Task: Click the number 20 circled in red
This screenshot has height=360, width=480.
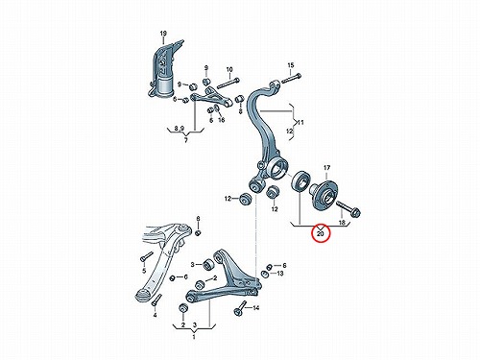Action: pyautogui.click(x=321, y=234)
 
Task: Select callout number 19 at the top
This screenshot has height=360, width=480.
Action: pyautogui.click(x=163, y=34)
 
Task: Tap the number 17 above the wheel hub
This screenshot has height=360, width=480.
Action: pyautogui.click(x=326, y=168)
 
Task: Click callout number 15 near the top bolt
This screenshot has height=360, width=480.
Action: pyautogui.click(x=290, y=65)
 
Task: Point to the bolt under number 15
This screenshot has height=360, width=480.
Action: pyautogui.click(x=291, y=78)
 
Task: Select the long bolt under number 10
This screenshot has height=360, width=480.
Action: pyautogui.click(x=228, y=83)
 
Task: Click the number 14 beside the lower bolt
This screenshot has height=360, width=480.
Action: pyautogui.click(x=256, y=308)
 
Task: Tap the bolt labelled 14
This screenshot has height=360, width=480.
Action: pyautogui.click(x=240, y=309)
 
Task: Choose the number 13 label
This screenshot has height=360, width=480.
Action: pyautogui.click(x=280, y=274)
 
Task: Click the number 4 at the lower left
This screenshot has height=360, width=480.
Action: pyautogui.click(x=155, y=316)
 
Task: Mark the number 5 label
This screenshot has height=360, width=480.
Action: pyautogui.click(x=144, y=271)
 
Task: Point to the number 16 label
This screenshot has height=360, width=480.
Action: pyautogui.click(x=222, y=120)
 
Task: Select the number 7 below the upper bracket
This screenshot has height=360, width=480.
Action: pyautogui.click(x=186, y=141)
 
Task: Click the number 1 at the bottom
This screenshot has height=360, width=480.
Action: pyautogui.click(x=194, y=337)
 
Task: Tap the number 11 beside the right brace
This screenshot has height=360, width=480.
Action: pyautogui.click(x=300, y=123)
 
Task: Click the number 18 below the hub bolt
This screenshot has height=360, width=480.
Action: pyautogui.click(x=342, y=223)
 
